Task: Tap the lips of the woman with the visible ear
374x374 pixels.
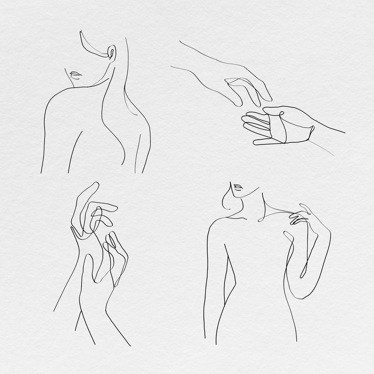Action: [x=75, y=75]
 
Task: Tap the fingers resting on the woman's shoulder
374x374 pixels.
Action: [x=297, y=216]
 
